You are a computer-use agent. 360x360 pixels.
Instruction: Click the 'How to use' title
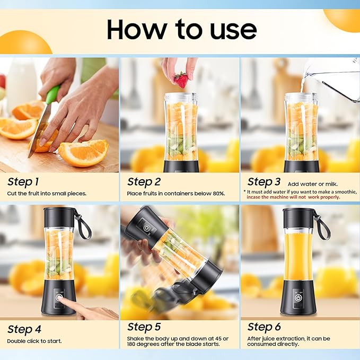coord(181,30)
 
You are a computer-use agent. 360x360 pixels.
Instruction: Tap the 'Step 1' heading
coord(23,182)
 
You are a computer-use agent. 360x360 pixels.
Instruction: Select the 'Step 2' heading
coord(144,182)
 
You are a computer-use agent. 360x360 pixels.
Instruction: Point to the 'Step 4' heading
coord(24,329)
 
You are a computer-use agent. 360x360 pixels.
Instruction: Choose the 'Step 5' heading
coord(144,327)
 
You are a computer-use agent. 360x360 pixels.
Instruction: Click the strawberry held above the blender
coord(181,80)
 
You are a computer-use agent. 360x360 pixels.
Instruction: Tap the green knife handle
coord(52,95)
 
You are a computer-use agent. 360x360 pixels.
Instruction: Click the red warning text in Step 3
coord(293,197)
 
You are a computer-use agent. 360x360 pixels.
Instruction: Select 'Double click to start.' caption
coord(34,341)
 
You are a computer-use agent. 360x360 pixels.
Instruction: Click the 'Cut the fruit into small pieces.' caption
coord(47,194)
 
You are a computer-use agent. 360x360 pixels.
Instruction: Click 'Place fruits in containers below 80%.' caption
coord(175,194)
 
